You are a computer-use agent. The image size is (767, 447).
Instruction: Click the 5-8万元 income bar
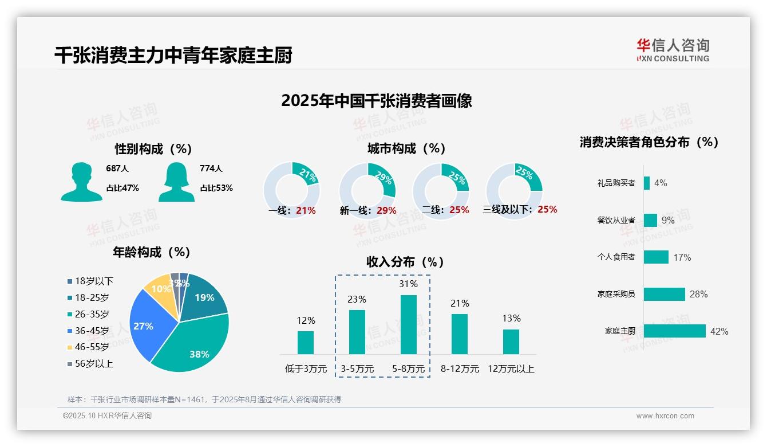tap(408, 324)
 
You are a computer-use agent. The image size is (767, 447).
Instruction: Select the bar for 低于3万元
tap(306, 342)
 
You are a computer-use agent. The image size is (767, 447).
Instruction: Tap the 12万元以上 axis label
tap(511, 369)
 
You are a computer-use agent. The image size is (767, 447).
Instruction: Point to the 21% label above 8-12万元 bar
tap(460, 303)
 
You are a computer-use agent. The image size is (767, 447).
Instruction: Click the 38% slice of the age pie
tap(195, 344)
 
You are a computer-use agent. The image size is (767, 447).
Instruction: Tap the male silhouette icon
tap(81, 182)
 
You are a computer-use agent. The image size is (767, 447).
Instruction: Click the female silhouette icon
tap(176, 182)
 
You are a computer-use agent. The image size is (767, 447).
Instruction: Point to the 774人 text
tap(211, 168)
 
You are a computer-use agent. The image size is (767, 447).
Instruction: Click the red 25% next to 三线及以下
tap(547, 209)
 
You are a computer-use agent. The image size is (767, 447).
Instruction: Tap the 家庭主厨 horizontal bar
tap(674, 331)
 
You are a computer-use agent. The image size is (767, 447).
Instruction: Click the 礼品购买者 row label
tap(616, 183)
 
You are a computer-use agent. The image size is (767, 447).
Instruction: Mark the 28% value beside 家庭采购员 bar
tap(698, 294)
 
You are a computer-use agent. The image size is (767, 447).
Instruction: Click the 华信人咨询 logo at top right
tap(673, 50)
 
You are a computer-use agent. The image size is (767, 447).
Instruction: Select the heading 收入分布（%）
tap(405, 262)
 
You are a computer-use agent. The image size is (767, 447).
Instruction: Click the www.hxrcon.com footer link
tap(665, 416)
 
